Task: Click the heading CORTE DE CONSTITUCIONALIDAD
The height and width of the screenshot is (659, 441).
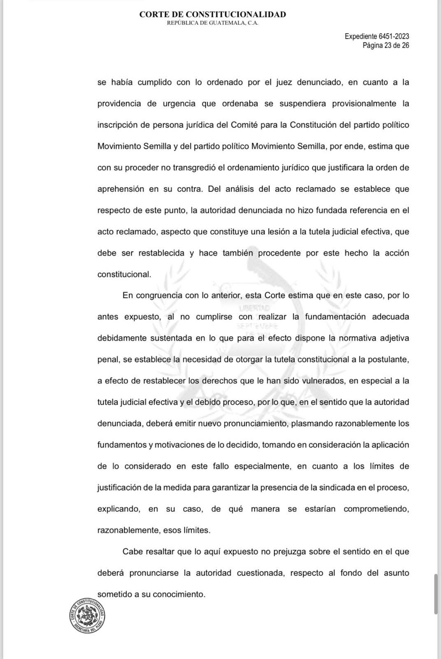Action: tap(212, 14)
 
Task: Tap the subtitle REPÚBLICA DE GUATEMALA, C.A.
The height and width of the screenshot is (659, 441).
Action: tap(212, 23)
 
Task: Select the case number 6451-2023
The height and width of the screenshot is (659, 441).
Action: tap(394, 37)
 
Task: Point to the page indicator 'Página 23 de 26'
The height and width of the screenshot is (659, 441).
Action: tap(385, 45)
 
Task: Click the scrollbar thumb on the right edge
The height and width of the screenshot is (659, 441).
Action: tap(436, 594)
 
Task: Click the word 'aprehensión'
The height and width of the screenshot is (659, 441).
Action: tap(121, 189)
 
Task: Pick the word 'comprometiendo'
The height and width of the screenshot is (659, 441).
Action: tap(376, 509)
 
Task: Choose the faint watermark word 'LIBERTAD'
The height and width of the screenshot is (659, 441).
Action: tap(254, 308)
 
